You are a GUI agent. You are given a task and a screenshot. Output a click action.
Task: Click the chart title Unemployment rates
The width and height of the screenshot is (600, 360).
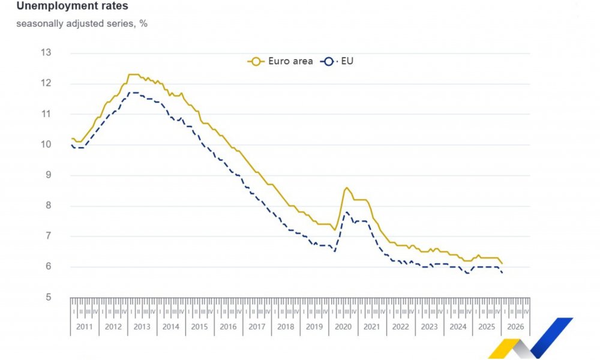coord(72,7)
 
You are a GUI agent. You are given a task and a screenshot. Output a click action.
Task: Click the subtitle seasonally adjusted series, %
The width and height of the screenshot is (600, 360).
coord(82,24)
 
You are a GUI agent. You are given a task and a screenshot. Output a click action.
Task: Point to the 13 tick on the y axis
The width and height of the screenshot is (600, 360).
coord(46,53)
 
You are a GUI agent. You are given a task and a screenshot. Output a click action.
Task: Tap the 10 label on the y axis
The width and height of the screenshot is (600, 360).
coord(46,145)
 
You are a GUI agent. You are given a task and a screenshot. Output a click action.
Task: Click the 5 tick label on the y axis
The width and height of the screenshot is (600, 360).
coord(48,298)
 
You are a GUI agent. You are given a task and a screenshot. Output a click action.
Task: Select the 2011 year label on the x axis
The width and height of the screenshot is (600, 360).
coord(85,327)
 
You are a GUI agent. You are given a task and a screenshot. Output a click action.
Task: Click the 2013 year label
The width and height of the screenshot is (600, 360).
coord(142,327)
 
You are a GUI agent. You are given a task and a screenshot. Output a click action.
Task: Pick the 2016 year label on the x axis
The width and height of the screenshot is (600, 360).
coord(228,327)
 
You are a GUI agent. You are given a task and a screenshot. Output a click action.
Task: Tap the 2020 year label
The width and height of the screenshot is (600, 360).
coord(343,327)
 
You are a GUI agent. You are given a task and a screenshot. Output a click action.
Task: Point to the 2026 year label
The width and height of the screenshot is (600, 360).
coord(515,327)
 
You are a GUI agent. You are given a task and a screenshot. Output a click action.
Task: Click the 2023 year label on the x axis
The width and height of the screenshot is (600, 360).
coord(429,327)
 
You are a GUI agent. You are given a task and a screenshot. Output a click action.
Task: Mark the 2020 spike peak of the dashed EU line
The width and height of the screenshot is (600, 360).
coord(346,212)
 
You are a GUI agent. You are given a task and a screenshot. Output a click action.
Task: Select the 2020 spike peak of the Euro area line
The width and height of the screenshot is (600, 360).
coord(346,188)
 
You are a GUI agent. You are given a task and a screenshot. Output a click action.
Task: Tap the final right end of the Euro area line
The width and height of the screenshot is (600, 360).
coord(502,263)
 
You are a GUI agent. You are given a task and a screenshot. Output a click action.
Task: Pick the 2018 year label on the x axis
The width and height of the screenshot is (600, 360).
coord(286,327)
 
